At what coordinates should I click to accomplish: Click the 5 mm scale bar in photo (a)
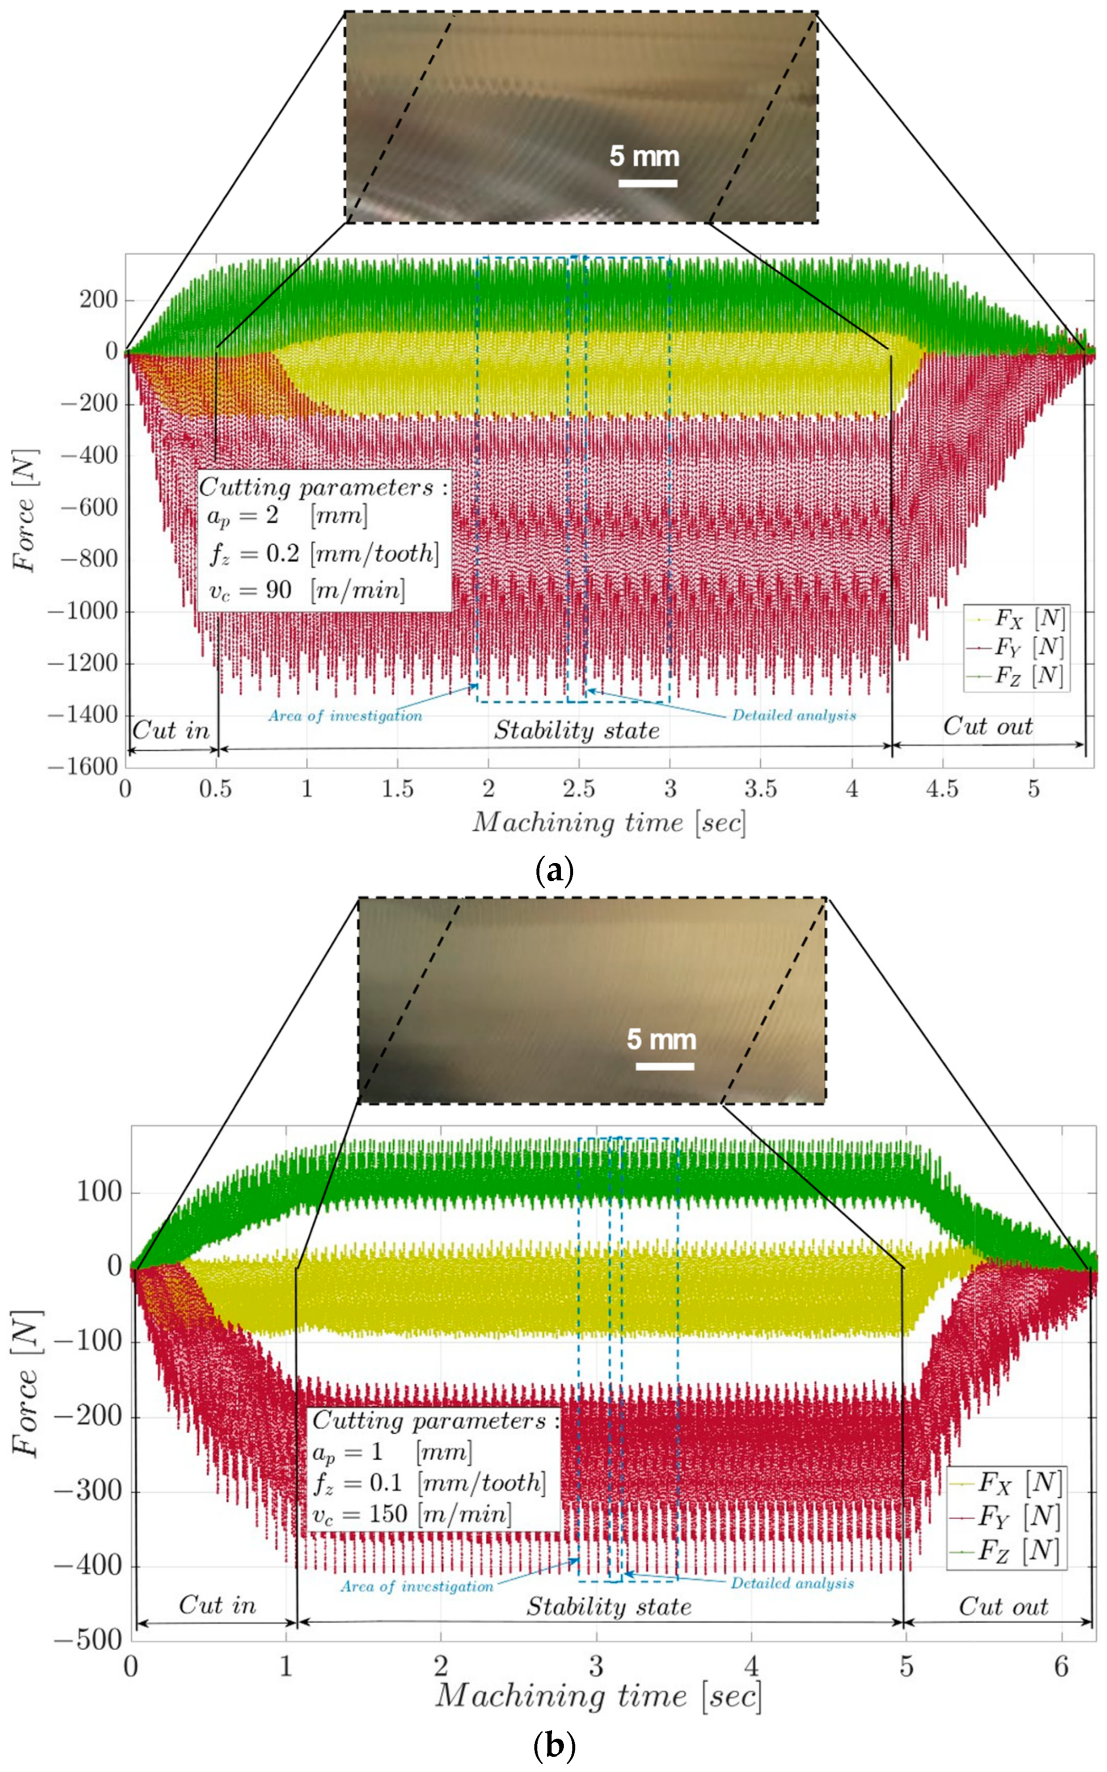[x=647, y=183]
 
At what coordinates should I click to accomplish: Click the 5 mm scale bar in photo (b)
[x=664, y=1066]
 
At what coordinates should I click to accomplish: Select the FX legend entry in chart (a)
[x=1018, y=619]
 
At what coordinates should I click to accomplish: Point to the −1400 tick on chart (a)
[x=83, y=715]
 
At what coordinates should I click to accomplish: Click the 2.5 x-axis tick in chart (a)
[x=578, y=789]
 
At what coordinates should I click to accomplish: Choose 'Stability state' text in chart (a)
[x=576, y=730]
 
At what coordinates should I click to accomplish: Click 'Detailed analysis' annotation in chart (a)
[x=794, y=715]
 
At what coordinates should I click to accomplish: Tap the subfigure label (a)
[x=554, y=872]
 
